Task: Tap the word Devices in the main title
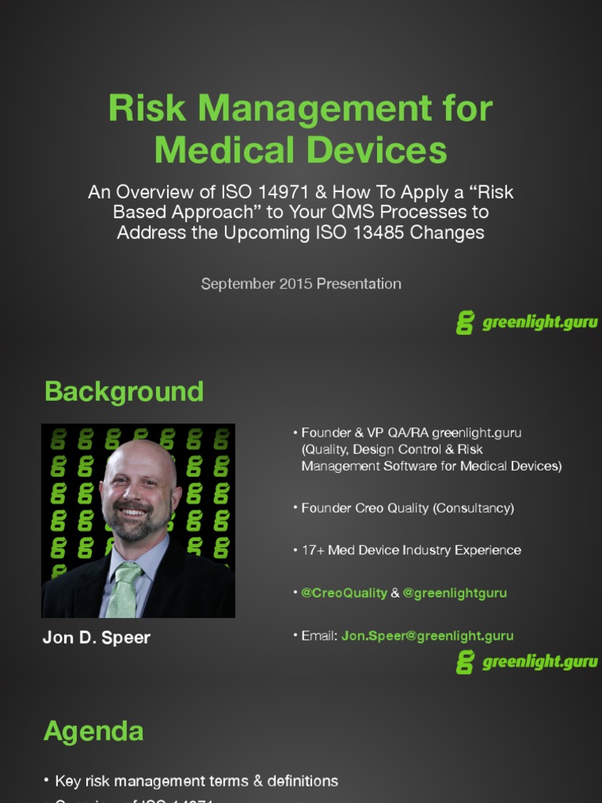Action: [389, 150]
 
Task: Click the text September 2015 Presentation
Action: [301, 284]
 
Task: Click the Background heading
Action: [124, 391]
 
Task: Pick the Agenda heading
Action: [93, 731]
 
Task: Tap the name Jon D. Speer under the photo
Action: [96, 638]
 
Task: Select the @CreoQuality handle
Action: [344, 593]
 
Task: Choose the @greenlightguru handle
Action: [455, 593]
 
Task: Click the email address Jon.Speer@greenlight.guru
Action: [427, 636]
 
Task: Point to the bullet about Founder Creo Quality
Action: [408, 508]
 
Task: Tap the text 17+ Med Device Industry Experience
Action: [411, 550]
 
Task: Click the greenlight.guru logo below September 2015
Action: [527, 322]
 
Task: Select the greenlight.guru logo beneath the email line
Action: [527, 662]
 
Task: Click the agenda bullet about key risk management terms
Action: [196, 781]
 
